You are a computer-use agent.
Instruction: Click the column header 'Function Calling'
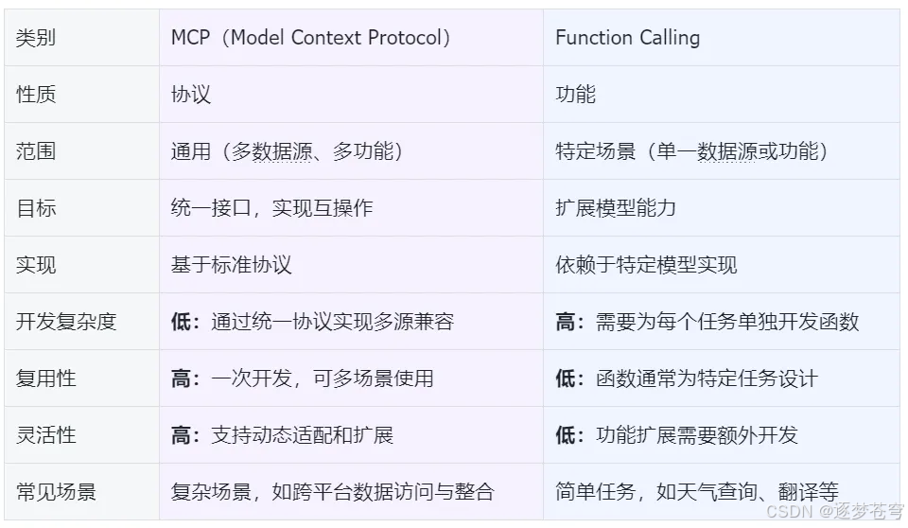[627, 38]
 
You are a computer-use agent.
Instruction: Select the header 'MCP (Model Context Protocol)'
[310, 38]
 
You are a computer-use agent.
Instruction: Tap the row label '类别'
[36, 38]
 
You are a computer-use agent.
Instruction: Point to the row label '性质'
[36, 95]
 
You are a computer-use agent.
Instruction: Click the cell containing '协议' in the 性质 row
[190, 95]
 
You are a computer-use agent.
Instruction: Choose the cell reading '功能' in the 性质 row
[575, 95]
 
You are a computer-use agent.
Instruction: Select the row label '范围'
[36, 151]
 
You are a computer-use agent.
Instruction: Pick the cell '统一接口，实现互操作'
[271, 208]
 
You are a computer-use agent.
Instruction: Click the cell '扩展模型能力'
[615, 208]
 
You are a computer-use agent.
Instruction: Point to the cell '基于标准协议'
[231, 265]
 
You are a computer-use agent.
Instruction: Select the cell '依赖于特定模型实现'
[645, 265]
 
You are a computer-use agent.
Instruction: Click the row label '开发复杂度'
[66, 322]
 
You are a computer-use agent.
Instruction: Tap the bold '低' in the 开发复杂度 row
[180, 322]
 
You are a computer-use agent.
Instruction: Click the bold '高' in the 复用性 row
[180, 378]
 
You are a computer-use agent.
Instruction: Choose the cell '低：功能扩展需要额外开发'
[676, 435]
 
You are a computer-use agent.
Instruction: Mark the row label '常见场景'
[56, 492]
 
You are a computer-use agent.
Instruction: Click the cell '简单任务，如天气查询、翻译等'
[696, 492]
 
